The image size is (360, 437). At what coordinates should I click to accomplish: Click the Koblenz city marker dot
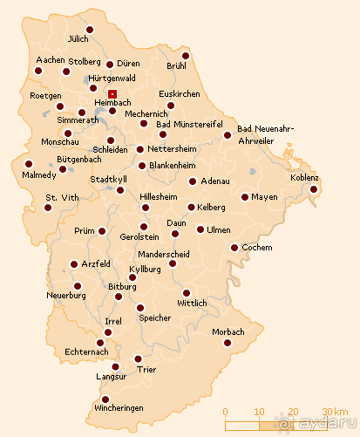[314, 188]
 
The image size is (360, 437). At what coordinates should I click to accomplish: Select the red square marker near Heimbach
[112, 93]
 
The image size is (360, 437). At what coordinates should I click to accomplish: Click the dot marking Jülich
[89, 29]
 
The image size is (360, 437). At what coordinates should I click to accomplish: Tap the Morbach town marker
[228, 344]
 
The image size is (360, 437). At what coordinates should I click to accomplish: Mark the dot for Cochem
[234, 248]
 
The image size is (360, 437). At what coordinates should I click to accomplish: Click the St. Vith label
[62, 198]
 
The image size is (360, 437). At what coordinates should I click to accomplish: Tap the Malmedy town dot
[28, 163]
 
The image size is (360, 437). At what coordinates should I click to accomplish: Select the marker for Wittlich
[186, 292]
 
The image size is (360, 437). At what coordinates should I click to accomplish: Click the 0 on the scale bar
[225, 411]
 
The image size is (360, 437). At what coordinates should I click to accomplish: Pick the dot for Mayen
[245, 197]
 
